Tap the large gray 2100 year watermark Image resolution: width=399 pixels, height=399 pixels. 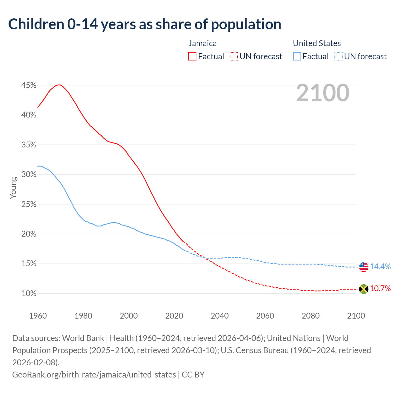point(323,93)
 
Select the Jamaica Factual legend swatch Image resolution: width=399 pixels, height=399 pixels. point(192,56)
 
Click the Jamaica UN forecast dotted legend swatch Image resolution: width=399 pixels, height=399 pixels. point(233,56)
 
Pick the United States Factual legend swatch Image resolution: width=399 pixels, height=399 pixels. point(297,56)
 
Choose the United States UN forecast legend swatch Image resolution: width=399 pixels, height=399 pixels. point(338,56)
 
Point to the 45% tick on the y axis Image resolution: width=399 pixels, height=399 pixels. point(29,85)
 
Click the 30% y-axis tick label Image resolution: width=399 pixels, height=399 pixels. point(29,175)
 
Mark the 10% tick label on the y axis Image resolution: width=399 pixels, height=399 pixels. point(29,294)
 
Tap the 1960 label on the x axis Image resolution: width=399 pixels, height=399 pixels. point(38,316)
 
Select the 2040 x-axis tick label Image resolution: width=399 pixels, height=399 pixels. point(219,316)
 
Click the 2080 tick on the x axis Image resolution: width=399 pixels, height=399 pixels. point(310,316)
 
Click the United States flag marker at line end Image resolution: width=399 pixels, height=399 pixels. point(363,267)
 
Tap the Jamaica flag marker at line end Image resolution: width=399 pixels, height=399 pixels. point(363,289)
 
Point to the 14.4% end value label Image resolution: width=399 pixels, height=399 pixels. point(380,267)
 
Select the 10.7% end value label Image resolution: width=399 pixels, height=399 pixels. point(380,289)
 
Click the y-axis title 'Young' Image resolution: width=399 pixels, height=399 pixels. point(13,188)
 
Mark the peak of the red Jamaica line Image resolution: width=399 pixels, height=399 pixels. point(59,85)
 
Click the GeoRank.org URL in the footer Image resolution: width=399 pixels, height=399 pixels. point(94,374)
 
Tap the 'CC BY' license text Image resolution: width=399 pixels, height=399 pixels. point(193,374)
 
